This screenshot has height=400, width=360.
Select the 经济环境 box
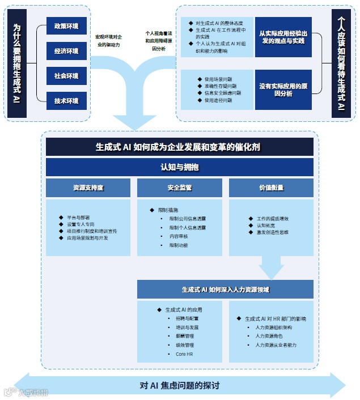[66, 51]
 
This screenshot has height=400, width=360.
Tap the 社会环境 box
[66, 76]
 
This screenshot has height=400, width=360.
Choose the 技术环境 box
[66, 101]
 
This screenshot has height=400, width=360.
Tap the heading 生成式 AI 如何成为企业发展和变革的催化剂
[179, 147]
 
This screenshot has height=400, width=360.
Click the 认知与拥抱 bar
[179, 167]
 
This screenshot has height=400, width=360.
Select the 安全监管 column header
[179, 188]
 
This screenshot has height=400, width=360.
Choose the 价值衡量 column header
[271, 188]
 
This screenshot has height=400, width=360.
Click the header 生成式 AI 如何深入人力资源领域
[225, 289]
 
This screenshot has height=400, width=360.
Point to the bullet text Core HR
[184, 354]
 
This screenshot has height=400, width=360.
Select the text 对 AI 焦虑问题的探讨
[179, 386]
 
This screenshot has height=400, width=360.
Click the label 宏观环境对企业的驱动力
[108, 41]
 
